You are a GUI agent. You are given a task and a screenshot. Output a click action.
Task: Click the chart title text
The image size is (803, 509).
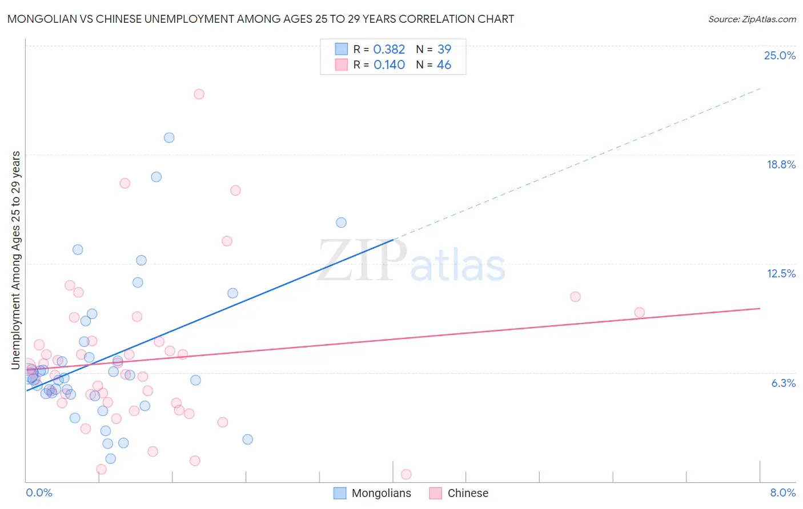(x=260, y=19)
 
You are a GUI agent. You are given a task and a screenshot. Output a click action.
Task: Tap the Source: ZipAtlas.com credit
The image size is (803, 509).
(x=752, y=19)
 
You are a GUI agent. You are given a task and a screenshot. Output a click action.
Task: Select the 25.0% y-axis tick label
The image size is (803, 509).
(x=780, y=55)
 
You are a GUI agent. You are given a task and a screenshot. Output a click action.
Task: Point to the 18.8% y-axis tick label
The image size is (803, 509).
(x=781, y=164)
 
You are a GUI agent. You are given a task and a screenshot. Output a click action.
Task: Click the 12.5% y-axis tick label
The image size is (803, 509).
(x=781, y=273)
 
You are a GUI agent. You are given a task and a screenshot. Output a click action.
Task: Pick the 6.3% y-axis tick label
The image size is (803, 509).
(x=783, y=383)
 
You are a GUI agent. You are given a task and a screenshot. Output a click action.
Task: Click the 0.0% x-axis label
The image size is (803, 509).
(x=39, y=492)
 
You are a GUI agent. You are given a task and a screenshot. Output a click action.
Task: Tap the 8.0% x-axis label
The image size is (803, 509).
(x=782, y=492)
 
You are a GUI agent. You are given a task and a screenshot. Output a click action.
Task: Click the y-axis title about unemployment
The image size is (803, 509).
(x=16, y=260)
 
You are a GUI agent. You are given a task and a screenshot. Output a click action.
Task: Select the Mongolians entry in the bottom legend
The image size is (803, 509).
(x=381, y=493)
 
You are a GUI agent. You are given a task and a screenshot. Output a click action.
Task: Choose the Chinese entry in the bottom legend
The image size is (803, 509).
(x=468, y=493)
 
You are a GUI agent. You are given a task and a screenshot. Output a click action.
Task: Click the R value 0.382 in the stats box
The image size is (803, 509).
(x=389, y=50)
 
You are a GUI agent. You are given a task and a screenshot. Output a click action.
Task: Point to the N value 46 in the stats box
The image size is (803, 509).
(x=444, y=65)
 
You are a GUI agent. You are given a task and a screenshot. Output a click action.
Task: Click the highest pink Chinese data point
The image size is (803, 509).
(x=199, y=94)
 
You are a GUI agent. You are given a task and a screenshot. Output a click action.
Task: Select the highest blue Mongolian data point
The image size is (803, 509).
(x=169, y=138)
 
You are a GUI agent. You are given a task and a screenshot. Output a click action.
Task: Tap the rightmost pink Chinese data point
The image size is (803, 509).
(x=639, y=313)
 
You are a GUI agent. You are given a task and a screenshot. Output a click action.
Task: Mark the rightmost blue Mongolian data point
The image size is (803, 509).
(x=341, y=223)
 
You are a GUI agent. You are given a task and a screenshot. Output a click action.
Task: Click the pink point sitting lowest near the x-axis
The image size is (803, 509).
(x=406, y=474)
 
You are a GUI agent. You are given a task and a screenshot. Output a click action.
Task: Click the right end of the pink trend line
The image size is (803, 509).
(x=760, y=308)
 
